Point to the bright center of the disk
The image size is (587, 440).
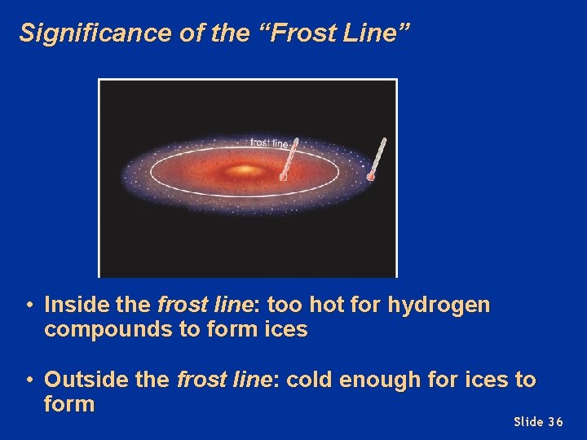(x=245, y=170)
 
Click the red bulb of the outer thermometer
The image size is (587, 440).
(x=371, y=176)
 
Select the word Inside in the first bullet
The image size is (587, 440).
(x=77, y=305)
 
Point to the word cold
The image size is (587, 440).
(x=311, y=379)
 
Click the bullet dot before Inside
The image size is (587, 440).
(x=29, y=306)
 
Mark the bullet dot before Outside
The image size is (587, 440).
(x=29, y=380)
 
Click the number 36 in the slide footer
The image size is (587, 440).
(x=555, y=421)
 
